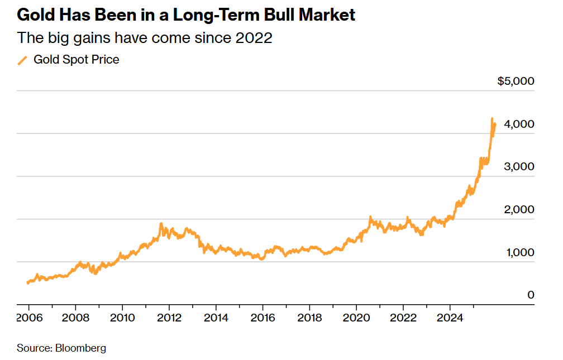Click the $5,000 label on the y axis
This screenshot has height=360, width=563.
(516, 81)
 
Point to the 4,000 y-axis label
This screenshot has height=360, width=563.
(519, 124)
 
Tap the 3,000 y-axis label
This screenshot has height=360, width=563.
(519, 167)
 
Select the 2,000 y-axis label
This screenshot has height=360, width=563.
(519, 210)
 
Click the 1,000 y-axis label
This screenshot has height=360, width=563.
(519, 253)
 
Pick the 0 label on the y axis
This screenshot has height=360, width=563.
(531, 295)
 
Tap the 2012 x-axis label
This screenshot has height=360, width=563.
(169, 318)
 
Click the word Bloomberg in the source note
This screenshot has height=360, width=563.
(80, 348)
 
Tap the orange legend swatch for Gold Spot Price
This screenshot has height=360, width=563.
(22, 60)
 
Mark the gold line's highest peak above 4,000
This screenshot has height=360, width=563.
(492, 118)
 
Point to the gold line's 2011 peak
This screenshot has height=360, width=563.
(161, 224)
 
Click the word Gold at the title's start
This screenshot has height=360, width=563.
(35, 15)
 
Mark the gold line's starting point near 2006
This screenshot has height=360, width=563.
(27, 283)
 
